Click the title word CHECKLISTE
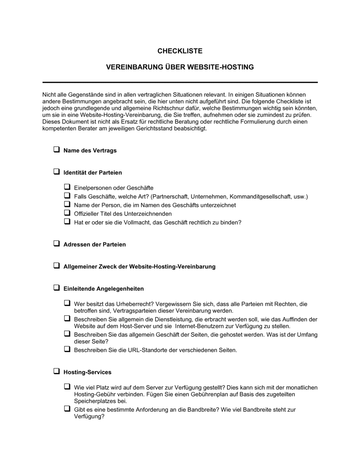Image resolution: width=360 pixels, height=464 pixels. pos(180,51)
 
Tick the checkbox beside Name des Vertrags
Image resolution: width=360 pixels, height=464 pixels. pos(57,150)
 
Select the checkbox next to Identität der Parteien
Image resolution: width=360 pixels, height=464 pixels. pos(57,172)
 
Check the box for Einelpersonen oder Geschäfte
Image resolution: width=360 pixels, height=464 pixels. pos(67,187)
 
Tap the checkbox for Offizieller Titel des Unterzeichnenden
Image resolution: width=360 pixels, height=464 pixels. pos(67,213)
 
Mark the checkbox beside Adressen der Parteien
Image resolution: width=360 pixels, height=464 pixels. pos(57,244)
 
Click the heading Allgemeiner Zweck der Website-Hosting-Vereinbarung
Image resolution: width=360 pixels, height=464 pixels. pos(139,267)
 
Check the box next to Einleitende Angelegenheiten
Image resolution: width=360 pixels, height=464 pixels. pos(57,288)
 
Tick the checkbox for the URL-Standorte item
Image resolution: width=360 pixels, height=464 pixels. pos(67,349)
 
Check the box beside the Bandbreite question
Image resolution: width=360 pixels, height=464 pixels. pos(67,409)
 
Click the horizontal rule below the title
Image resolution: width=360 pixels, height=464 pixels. pos(180,82)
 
